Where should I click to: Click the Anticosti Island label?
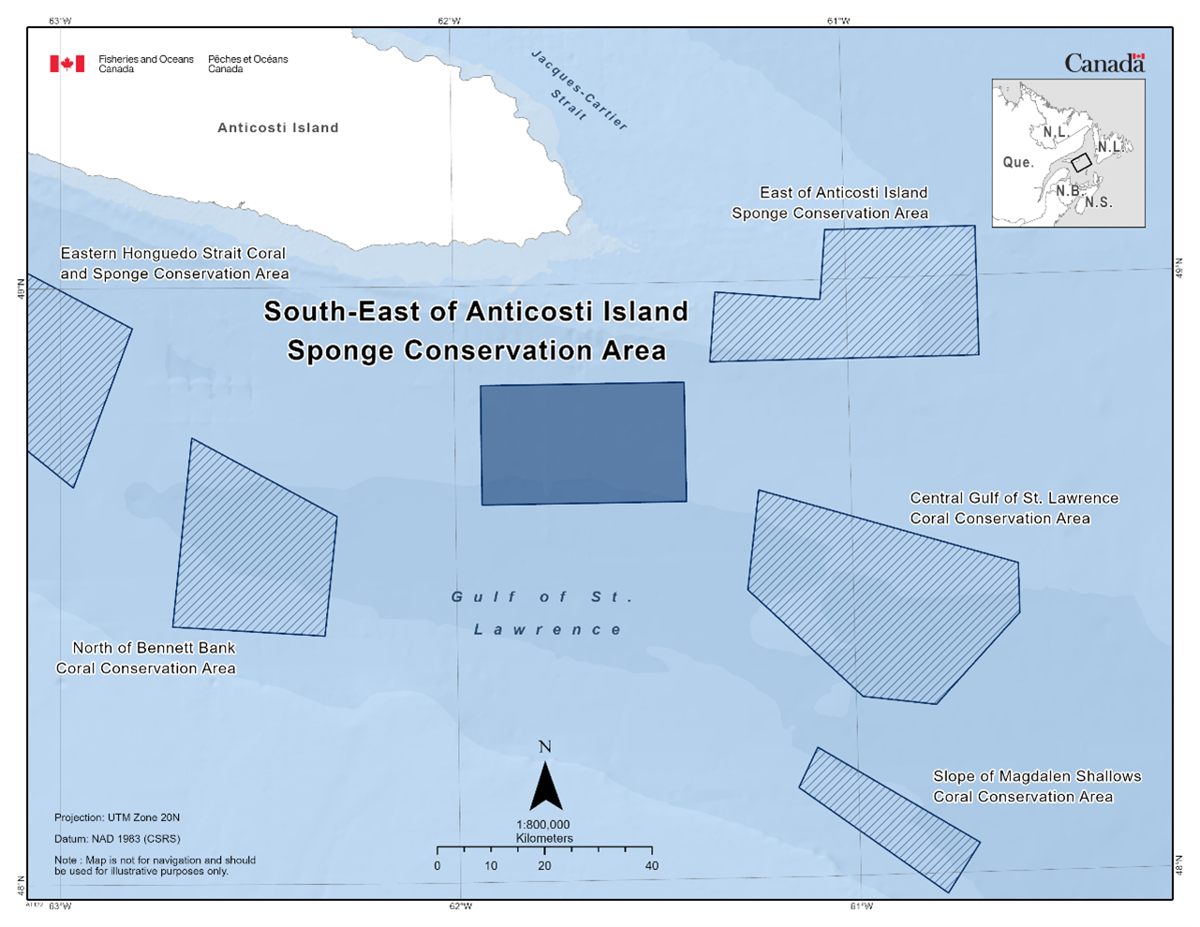pos(278,128)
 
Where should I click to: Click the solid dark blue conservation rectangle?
pos(583,443)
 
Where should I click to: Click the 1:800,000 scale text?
pos(543,825)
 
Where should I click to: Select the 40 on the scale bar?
pos(652,866)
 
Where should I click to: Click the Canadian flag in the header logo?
pos(67,64)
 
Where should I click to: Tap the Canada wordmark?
pos(1104,65)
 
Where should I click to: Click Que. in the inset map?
pos(1018,163)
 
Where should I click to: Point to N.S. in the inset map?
pos(1099,202)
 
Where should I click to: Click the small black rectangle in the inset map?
pos(1081,162)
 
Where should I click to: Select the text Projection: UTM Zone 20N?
pos(117,817)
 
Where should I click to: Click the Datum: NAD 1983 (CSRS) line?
pos(117,839)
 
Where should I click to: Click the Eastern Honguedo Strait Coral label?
pos(173,254)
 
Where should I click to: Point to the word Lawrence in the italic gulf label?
pos(548,630)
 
